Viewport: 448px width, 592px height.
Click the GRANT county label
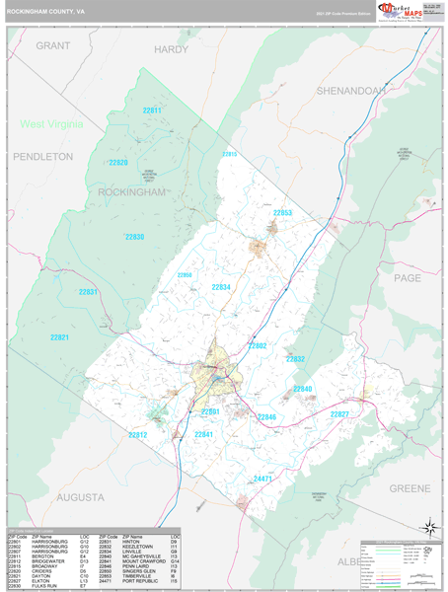[x=53, y=46]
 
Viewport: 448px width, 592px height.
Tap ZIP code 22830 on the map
[x=134, y=237]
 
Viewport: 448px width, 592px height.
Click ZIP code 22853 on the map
[x=282, y=213]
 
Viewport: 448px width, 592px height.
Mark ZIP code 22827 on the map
[x=339, y=413]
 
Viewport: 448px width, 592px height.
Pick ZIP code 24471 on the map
[x=262, y=479]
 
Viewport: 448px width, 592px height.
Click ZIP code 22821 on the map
[x=61, y=337]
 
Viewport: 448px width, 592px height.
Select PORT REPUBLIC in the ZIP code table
[x=143, y=583]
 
